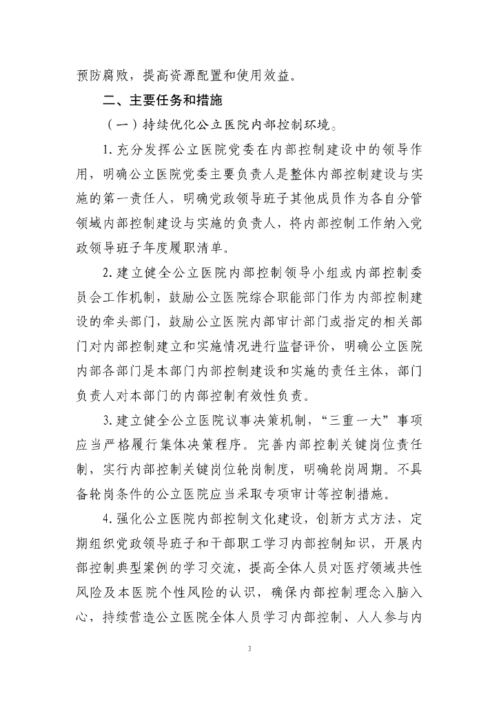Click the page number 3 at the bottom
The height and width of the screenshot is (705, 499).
pos(250,649)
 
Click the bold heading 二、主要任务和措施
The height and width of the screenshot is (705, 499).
pos(162,101)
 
